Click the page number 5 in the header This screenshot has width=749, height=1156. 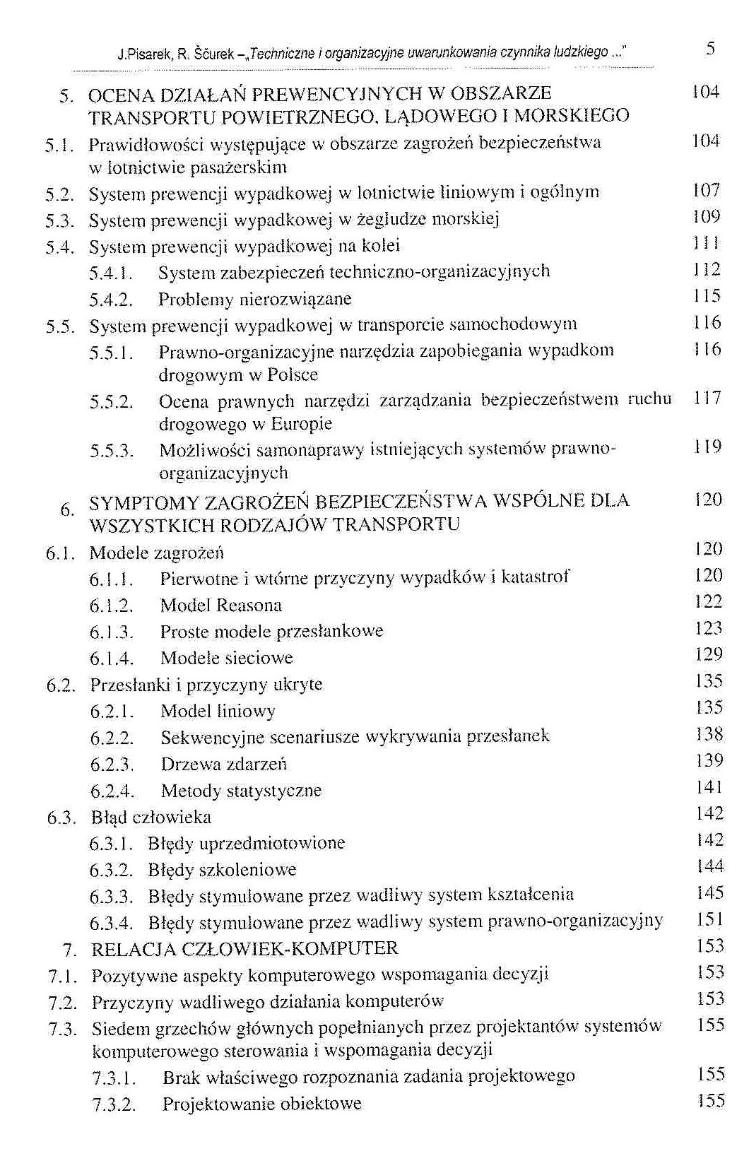click(x=710, y=49)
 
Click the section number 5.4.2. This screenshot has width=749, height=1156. click(x=112, y=300)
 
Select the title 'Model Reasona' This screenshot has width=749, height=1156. click(x=220, y=606)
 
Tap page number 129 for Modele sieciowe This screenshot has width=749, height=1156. click(x=709, y=654)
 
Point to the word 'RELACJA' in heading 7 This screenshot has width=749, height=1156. click(x=133, y=949)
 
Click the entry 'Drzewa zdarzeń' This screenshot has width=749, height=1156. click(x=223, y=765)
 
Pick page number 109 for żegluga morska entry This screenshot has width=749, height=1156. click(x=707, y=217)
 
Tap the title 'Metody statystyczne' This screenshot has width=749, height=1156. click(x=241, y=791)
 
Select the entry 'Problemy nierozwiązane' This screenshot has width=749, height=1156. click(x=254, y=300)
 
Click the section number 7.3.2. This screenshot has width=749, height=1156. click(x=114, y=1104)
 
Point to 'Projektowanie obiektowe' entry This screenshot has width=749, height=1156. click(x=261, y=1104)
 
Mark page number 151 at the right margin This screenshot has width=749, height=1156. click(x=709, y=920)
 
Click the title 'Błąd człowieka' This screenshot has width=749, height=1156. click(x=151, y=818)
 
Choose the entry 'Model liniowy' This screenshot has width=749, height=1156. click(x=218, y=712)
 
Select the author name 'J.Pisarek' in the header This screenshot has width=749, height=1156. click(x=140, y=54)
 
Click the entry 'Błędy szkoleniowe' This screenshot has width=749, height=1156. click(x=222, y=871)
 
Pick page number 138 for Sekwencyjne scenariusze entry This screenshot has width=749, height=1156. click(x=709, y=734)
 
